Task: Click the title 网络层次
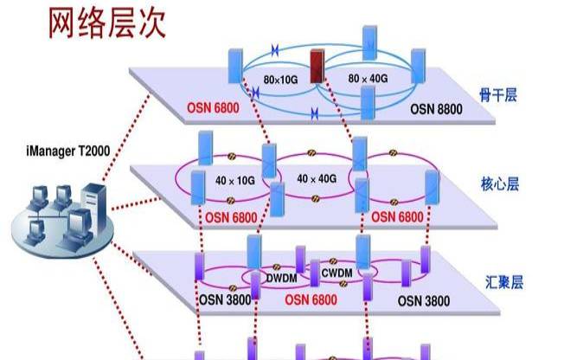pyautogui.click(x=107, y=23)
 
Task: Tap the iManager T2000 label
pyautogui.click(x=68, y=151)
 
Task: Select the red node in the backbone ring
pyautogui.click(x=317, y=67)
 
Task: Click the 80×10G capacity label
pyautogui.click(x=280, y=80)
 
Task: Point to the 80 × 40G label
pyautogui.click(x=368, y=79)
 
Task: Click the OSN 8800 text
pyautogui.click(x=436, y=109)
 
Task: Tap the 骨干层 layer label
pyautogui.click(x=498, y=95)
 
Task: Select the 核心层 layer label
pyautogui.click(x=500, y=183)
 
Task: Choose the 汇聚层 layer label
pyautogui.click(x=503, y=282)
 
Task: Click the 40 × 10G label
pyautogui.click(x=234, y=180)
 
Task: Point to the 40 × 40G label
pyautogui.click(x=317, y=179)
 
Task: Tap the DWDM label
pyautogui.click(x=281, y=278)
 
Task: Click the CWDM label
pyautogui.click(x=337, y=273)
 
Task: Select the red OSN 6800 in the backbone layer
pyautogui.click(x=213, y=108)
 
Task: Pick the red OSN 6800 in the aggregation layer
pyautogui.click(x=311, y=299)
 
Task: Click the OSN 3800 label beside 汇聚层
pyautogui.click(x=424, y=301)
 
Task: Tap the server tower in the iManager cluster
pyautogui.click(x=94, y=208)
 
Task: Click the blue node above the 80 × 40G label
pyautogui.click(x=369, y=43)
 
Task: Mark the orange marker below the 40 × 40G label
pyautogui.click(x=316, y=199)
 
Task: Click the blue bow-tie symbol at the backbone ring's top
pyautogui.click(x=274, y=50)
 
